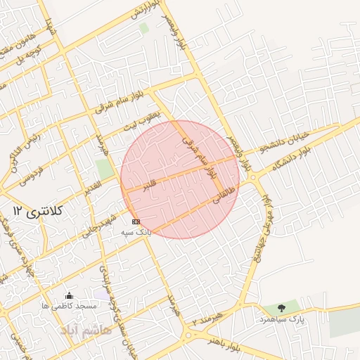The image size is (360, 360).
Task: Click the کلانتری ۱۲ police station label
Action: coord(39,210)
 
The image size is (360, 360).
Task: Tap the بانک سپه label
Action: coord(136,232)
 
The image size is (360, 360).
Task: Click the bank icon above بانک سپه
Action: coord(136,221)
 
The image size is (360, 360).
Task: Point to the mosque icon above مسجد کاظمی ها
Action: coord(69,296)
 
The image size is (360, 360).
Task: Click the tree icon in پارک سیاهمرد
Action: coord(282,308)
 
